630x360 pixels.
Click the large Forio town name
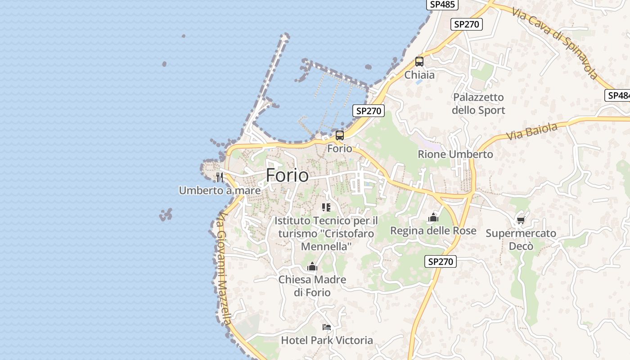[x=287, y=175]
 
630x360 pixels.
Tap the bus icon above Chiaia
[x=419, y=62]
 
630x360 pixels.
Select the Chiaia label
[x=419, y=75]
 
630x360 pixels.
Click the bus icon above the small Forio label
[x=340, y=135]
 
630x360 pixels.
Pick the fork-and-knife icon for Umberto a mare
[x=220, y=177]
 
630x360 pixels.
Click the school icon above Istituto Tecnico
[x=326, y=207]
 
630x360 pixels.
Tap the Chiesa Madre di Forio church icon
[x=312, y=267]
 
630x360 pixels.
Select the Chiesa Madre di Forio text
[x=312, y=286]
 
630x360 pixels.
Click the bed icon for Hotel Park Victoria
[x=327, y=327]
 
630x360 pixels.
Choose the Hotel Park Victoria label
[x=327, y=340]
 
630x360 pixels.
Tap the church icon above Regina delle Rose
[x=433, y=218]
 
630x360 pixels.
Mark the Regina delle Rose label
[x=433, y=231]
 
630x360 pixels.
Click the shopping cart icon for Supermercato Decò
[x=521, y=220]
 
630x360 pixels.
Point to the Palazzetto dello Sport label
[x=478, y=103]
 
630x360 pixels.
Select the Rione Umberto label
[x=455, y=154]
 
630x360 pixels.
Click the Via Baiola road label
[x=531, y=131]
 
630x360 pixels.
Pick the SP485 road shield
[x=442, y=4]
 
